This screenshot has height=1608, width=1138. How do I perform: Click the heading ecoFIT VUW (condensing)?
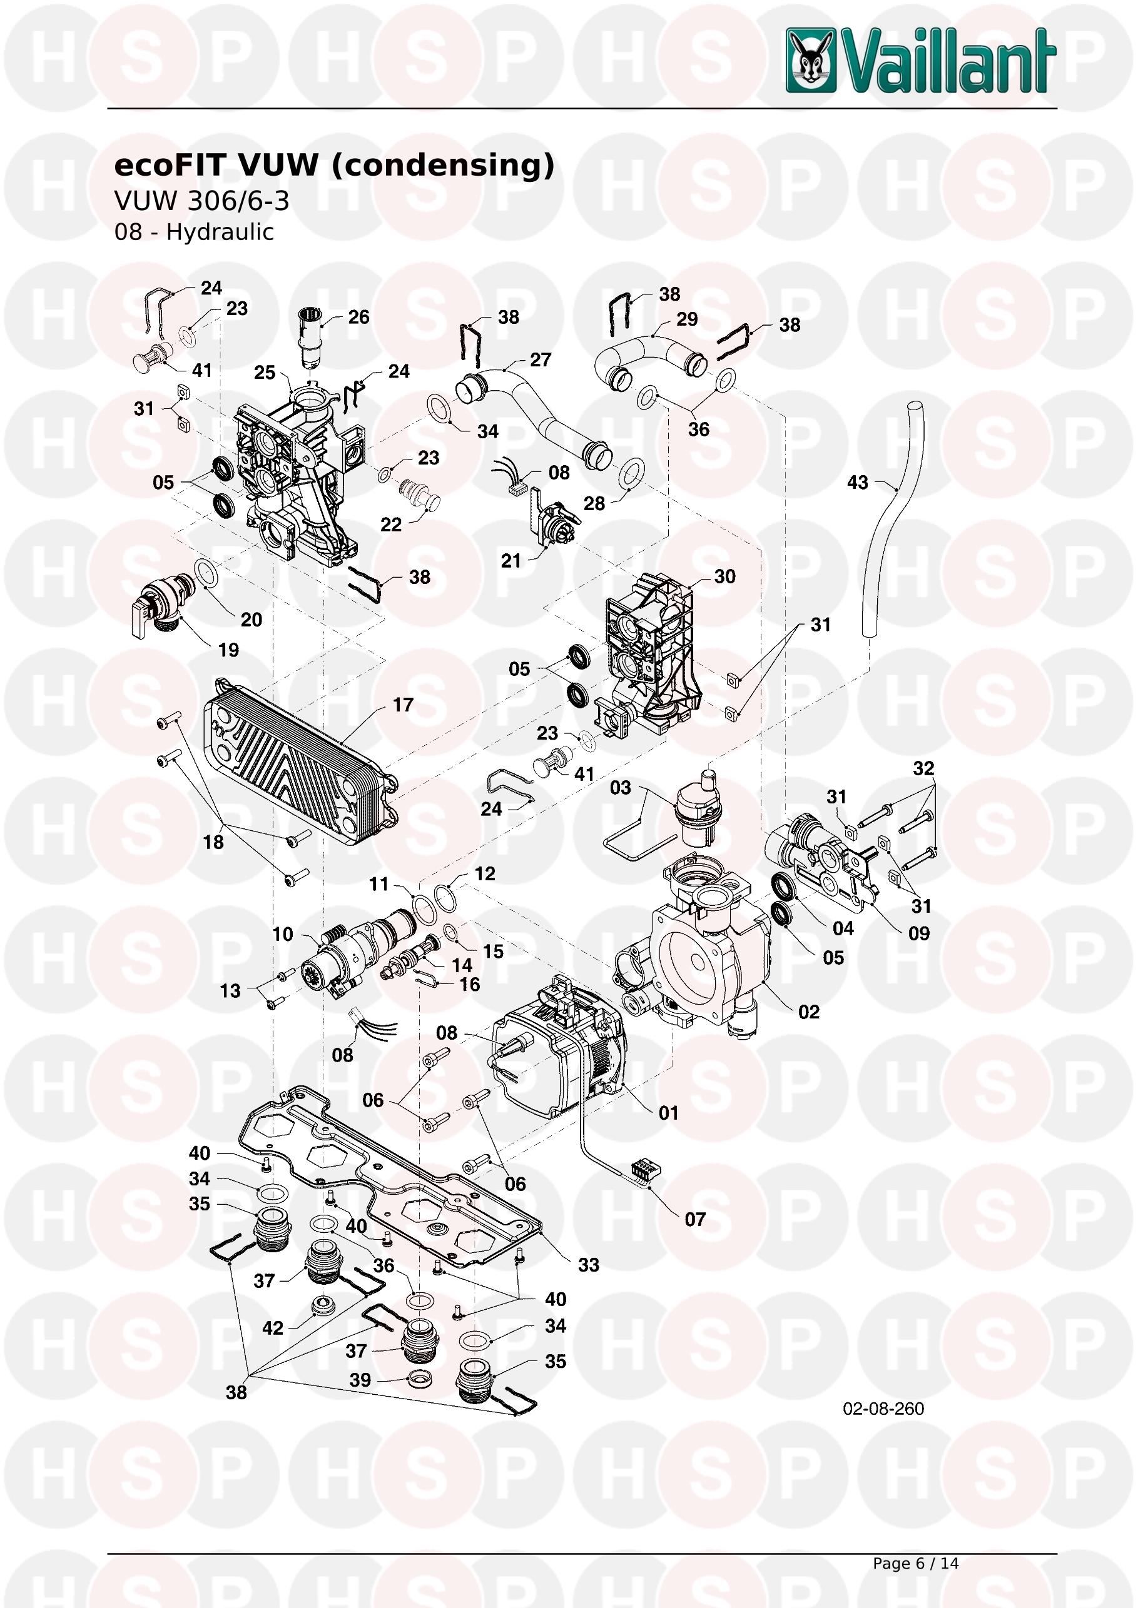333,165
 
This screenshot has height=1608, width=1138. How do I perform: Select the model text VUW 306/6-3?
202,201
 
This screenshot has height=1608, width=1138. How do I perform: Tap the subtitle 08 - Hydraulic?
193,232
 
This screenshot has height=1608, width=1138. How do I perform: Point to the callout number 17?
403,705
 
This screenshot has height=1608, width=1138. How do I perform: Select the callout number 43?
857,483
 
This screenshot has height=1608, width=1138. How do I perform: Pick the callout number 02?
809,1012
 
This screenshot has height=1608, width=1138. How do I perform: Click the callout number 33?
589,1265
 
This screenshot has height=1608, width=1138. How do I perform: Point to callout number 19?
228,650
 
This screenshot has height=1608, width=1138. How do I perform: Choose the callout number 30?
724,576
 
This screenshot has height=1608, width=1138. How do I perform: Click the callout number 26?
358,317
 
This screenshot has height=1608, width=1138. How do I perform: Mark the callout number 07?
695,1219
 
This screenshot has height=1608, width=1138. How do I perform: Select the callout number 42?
273,1328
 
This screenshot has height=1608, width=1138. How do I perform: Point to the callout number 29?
687,319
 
